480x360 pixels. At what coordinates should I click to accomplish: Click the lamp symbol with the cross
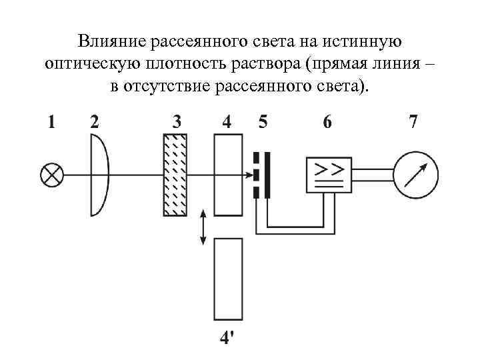52,175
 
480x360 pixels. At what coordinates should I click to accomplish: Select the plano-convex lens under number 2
99,175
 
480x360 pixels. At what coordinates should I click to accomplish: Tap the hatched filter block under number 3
175,175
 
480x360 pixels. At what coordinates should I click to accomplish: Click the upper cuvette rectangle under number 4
228,175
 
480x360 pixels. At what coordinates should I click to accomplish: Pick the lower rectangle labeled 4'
228,280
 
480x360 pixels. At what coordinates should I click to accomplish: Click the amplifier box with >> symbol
328,175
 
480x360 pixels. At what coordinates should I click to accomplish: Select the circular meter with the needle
416,175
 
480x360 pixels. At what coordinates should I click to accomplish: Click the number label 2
95,122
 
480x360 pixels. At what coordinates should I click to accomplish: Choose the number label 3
177,122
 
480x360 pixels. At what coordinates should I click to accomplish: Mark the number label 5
263,122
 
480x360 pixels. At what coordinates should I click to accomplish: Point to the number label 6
327,122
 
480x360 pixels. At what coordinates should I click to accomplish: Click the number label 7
413,122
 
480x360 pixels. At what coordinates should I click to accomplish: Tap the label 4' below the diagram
227,338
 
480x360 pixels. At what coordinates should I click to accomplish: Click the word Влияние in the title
112,42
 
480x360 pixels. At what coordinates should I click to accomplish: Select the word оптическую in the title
87,64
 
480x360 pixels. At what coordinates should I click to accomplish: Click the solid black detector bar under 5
267,175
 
